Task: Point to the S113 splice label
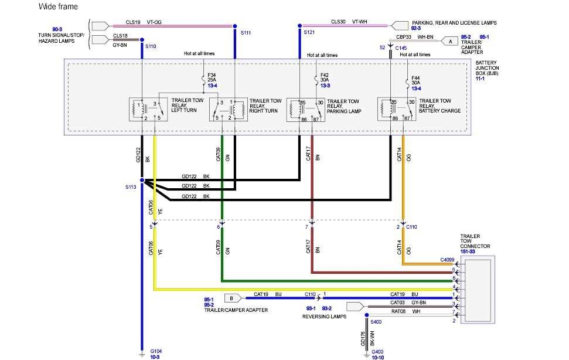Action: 130,187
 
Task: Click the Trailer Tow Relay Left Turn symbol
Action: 148,110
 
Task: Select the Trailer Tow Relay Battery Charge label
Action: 439,106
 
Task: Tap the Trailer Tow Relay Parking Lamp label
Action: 343,106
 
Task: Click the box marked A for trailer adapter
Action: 450,42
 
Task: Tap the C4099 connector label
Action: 447,259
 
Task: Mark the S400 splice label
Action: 376,321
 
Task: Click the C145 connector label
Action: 401,47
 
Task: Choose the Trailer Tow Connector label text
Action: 475,244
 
